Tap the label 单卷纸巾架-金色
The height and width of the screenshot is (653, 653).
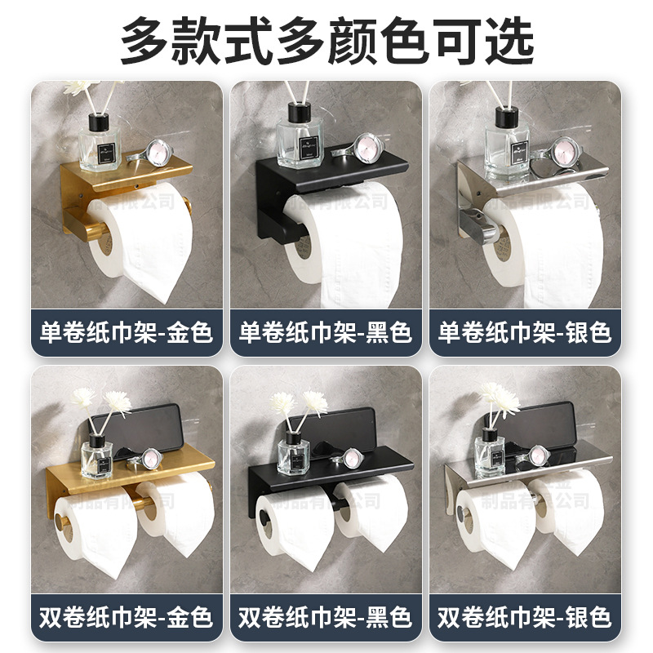[127, 332]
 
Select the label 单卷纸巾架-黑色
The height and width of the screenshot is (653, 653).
[326, 332]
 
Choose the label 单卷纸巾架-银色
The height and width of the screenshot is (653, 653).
[525, 332]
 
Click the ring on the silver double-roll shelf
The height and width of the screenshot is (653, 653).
[538, 456]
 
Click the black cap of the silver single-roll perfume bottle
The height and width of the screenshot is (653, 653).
[500, 117]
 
